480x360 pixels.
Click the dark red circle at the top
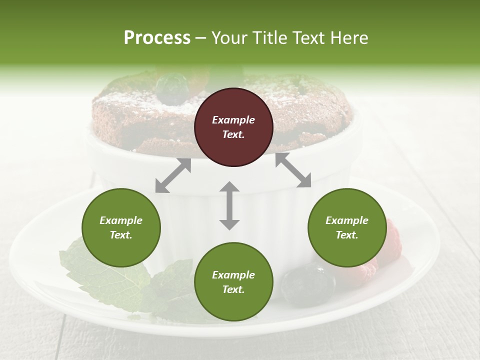233,127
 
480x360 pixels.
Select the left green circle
121,228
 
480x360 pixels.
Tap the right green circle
347,228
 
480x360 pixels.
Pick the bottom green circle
233,282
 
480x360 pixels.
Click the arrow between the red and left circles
173,175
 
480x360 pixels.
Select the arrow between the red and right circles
293,170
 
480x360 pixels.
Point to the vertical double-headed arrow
229,205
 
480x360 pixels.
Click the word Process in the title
157,37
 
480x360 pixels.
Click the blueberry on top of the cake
172,88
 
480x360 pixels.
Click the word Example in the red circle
233,120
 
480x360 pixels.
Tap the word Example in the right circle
347,220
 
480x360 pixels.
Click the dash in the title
201,37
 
